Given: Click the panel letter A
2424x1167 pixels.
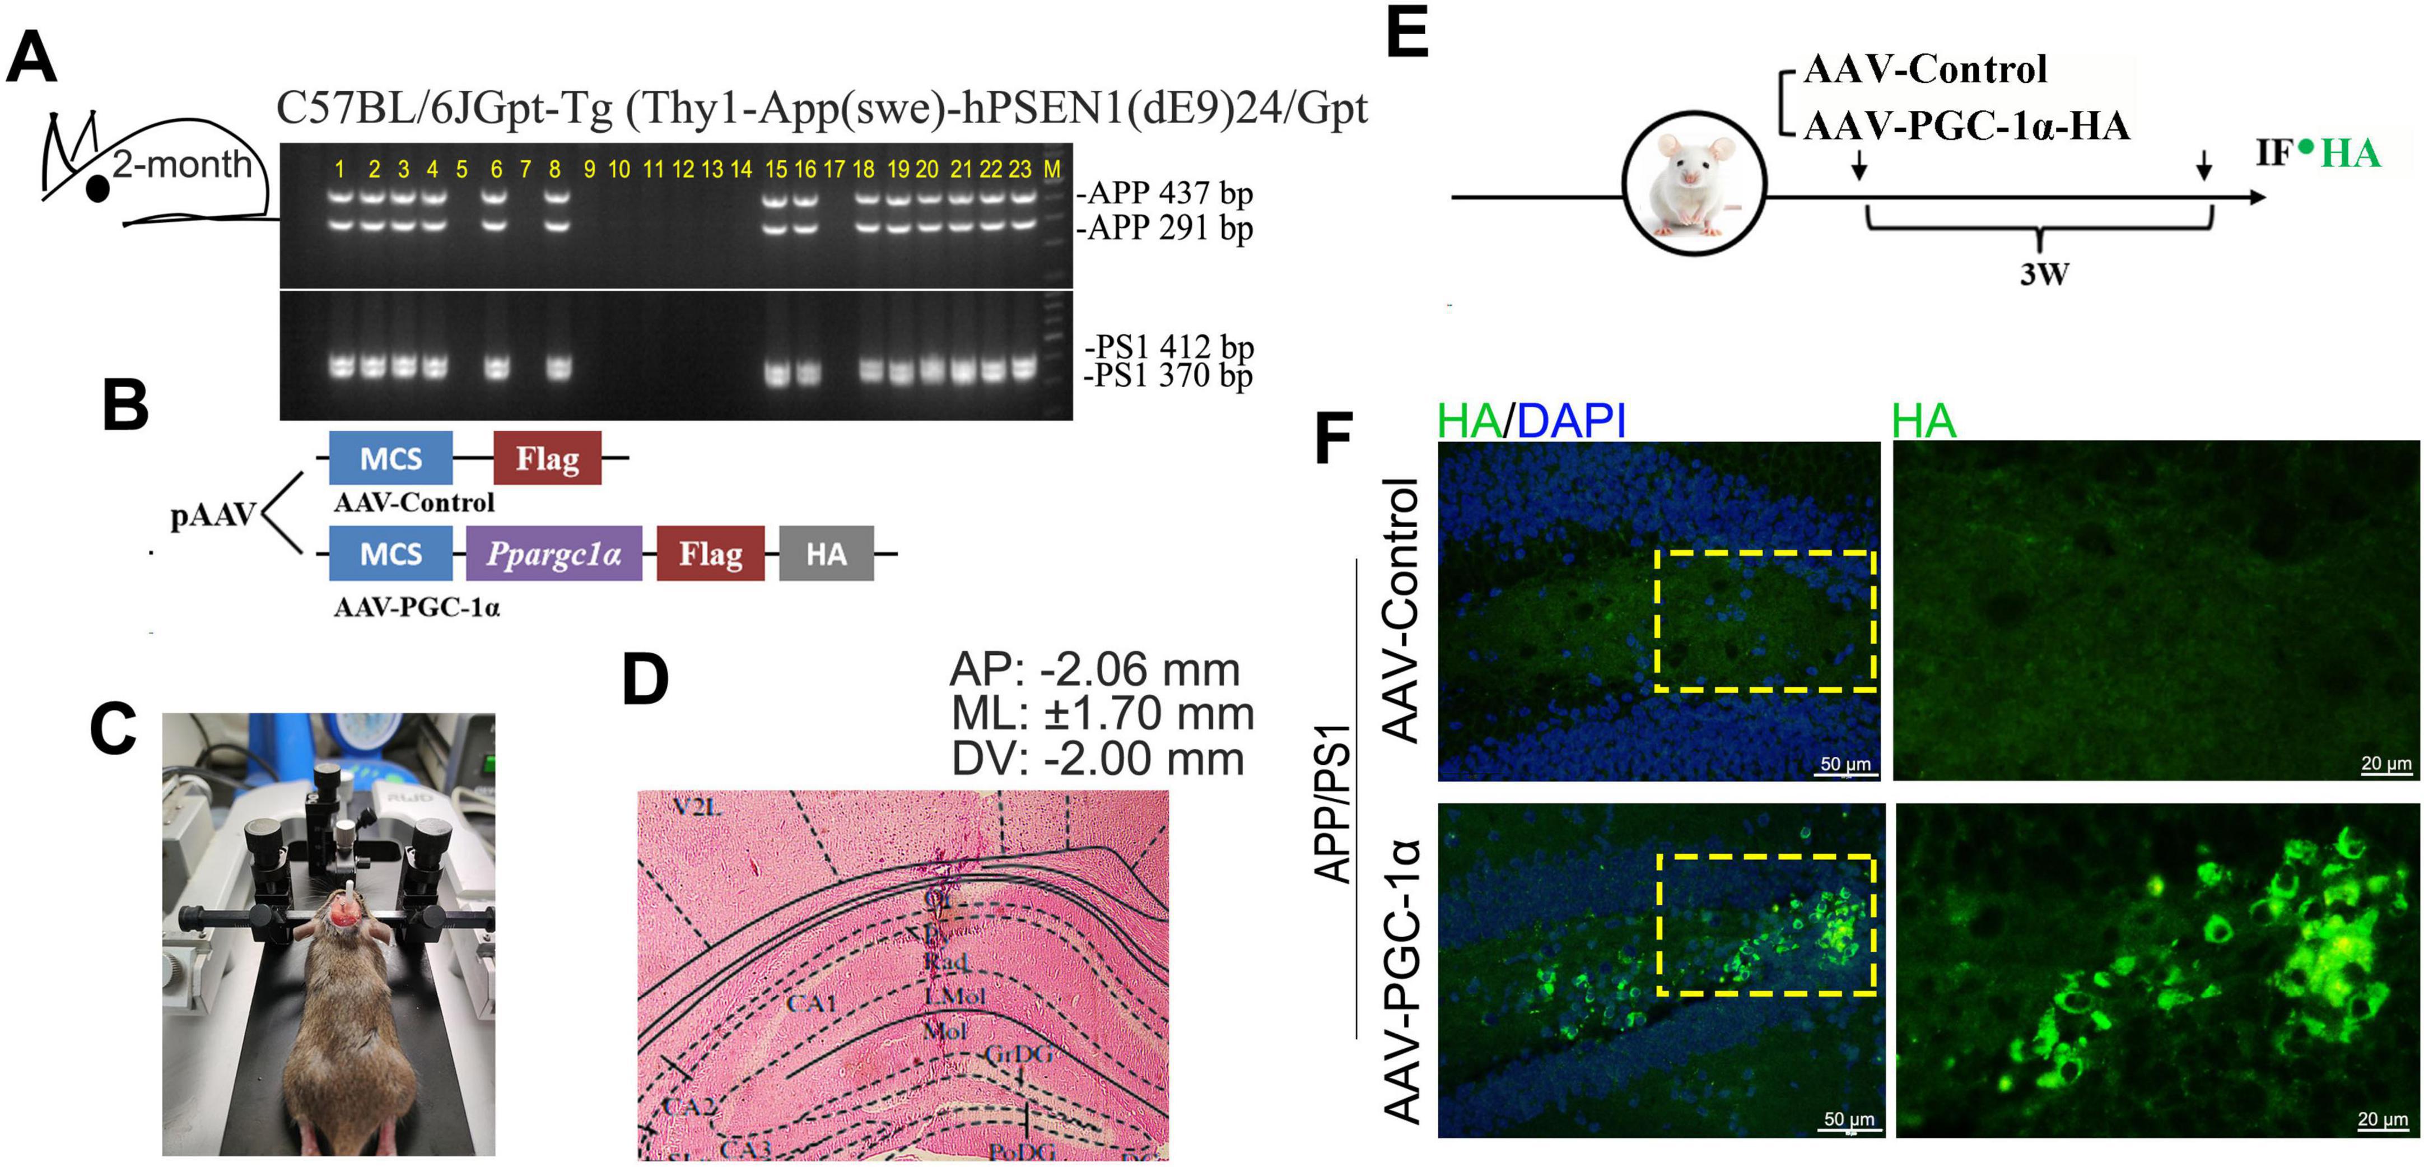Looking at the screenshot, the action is (x=31, y=58).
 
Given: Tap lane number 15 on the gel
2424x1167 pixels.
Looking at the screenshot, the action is (x=775, y=169).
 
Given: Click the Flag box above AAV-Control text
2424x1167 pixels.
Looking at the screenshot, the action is (x=547, y=458).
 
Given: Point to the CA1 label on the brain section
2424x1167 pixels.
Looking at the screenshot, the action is (x=811, y=1003).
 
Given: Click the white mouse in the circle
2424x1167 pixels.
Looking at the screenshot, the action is (x=1693, y=184).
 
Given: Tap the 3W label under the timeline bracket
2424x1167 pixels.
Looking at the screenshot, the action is (x=2044, y=275).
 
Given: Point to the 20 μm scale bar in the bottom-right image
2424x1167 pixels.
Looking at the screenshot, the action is (x=2383, y=1122).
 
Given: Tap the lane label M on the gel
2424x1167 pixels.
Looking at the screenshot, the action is (x=1052, y=169).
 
